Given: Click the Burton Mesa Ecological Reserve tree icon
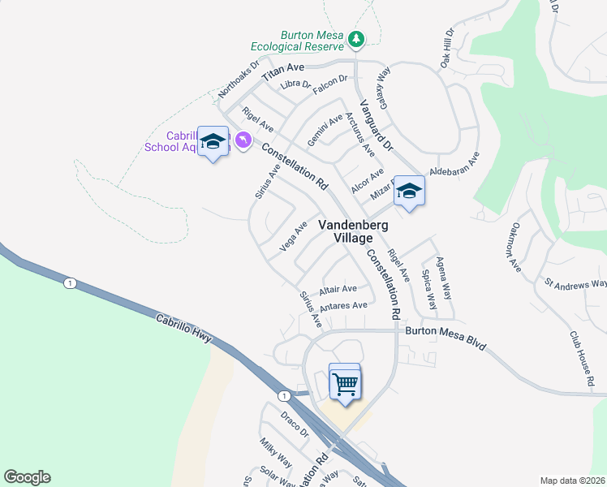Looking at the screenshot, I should (355, 39).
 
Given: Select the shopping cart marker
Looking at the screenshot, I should (346, 383).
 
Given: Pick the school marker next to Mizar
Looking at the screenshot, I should (409, 192).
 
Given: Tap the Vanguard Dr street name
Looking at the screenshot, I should (377, 126).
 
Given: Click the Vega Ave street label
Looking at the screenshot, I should (293, 236).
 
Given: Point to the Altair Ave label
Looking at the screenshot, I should (338, 289).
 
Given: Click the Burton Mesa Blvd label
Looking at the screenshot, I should (446, 337).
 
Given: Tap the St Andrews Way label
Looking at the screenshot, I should (576, 284).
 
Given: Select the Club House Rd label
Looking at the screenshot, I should (581, 353).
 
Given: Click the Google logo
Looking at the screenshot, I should (27, 477).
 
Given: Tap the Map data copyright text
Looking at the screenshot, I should (571, 481).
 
